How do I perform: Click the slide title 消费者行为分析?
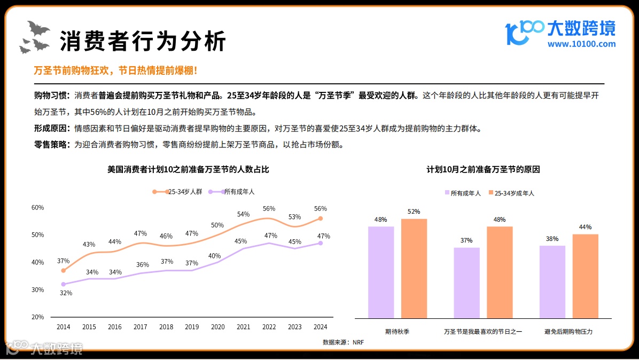pyautogui.click(x=143, y=41)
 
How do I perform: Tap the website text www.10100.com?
pyautogui.click(x=581, y=44)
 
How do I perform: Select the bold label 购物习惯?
pyautogui.click(x=51, y=96)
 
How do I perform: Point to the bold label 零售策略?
pyautogui.click(x=51, y=144)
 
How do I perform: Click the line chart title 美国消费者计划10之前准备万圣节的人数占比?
pyautogui.click(x=188, y=169)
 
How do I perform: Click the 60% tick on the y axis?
pyautogui.click(x=37, y=207)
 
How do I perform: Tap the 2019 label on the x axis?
pyautogui.click(x=192, y=327)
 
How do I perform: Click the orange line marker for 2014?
pyautogui.click(x=64, y=270)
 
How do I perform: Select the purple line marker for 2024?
pyautogui.click(x=321, y=243)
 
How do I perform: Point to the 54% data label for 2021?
pyautogui.click(x=243, y=214)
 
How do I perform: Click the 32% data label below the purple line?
pyautogui.click(x=66, y=293)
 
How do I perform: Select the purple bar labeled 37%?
pyautogui.click(x=466, y=283)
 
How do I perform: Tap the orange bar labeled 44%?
pyautogui.click(x=585, y=276)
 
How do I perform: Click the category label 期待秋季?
pyautogui.click(x=397, y=332)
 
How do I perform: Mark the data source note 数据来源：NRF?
pyautogui.click(x=343, y=342)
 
